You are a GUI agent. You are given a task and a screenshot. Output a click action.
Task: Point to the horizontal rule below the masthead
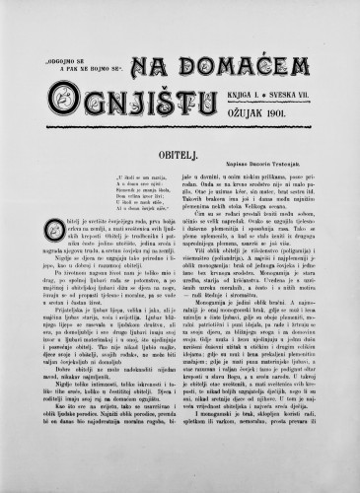coord(180,118)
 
